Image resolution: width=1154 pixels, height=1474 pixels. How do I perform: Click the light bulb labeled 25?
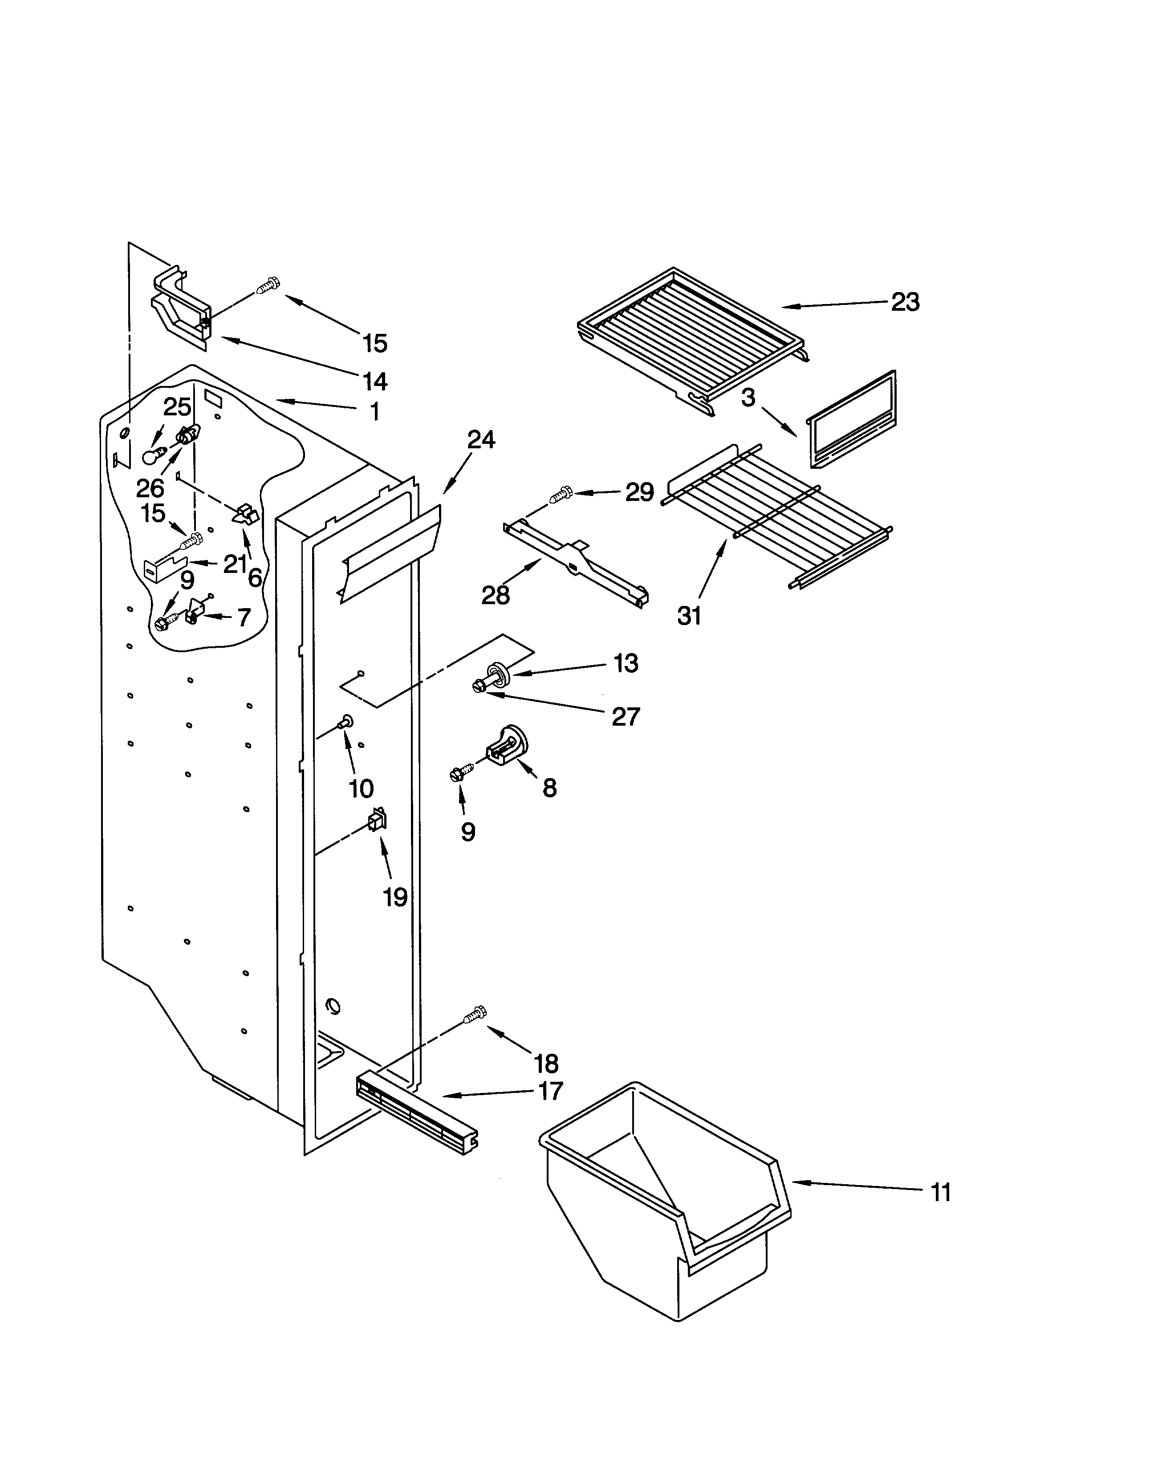point(153,455)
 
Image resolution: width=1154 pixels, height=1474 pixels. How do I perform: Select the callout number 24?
point(481,440)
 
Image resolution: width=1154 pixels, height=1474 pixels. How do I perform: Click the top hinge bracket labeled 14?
point(179,307)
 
